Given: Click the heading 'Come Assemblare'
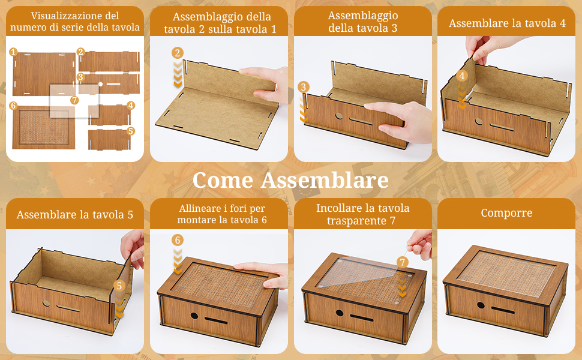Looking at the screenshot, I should (x=290, y=180).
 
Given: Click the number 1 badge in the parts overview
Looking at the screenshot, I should (x=13, y=53).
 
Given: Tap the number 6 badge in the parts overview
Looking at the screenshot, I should (x=13, y=105).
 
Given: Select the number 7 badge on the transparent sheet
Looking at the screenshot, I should (x=74, y=100).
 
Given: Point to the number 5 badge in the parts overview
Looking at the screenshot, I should (x=131, y=130).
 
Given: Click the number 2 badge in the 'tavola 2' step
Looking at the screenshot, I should (x=177, y=53).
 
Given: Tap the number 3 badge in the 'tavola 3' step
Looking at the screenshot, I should (x=304, y=88).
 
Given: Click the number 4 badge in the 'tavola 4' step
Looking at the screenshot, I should (x=462, y=76).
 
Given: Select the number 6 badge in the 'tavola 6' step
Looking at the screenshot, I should (x=177, y=240).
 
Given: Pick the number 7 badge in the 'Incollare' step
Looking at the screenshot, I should (x=403, y=262).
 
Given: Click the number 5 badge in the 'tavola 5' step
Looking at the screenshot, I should (x=119, y=286).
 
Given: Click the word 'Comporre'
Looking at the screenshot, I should (x=506, y=213).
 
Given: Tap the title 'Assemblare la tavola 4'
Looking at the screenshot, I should (x=507, y=23).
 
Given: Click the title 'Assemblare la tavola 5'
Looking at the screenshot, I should (x=75, y=214).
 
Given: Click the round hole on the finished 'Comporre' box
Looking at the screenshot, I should (x=481, y=305).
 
